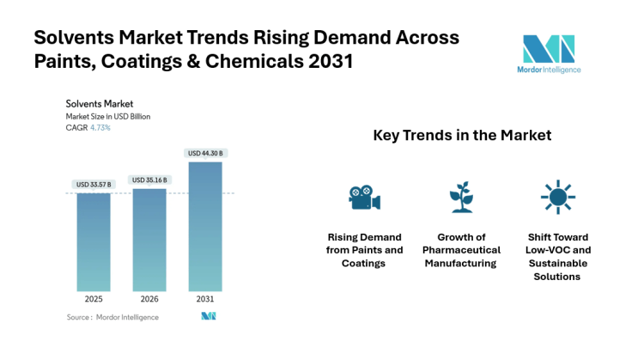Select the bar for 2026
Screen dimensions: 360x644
[149, 240]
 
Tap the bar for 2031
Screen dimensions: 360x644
[204, 227]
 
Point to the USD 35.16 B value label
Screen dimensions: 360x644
[149, 180]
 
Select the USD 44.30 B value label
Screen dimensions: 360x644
[204, 154]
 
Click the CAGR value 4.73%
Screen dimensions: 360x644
[100, 128]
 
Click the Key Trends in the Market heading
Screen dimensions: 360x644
[462, 136]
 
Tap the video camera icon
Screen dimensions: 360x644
[365, 197]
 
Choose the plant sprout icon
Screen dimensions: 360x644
[461, 197]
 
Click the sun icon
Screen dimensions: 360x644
[556, 197]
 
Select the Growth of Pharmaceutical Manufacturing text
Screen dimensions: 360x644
[461, 250]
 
